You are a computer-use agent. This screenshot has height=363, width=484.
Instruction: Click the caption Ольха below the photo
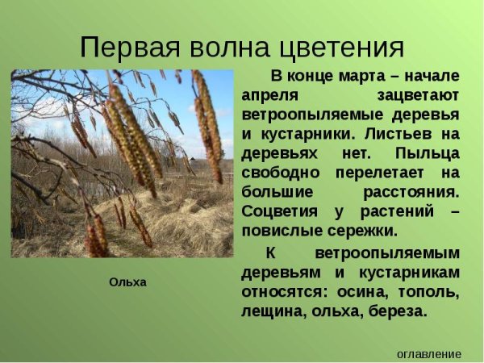[x=127, y=282]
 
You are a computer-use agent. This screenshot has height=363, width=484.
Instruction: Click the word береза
[x=395, y=310]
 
